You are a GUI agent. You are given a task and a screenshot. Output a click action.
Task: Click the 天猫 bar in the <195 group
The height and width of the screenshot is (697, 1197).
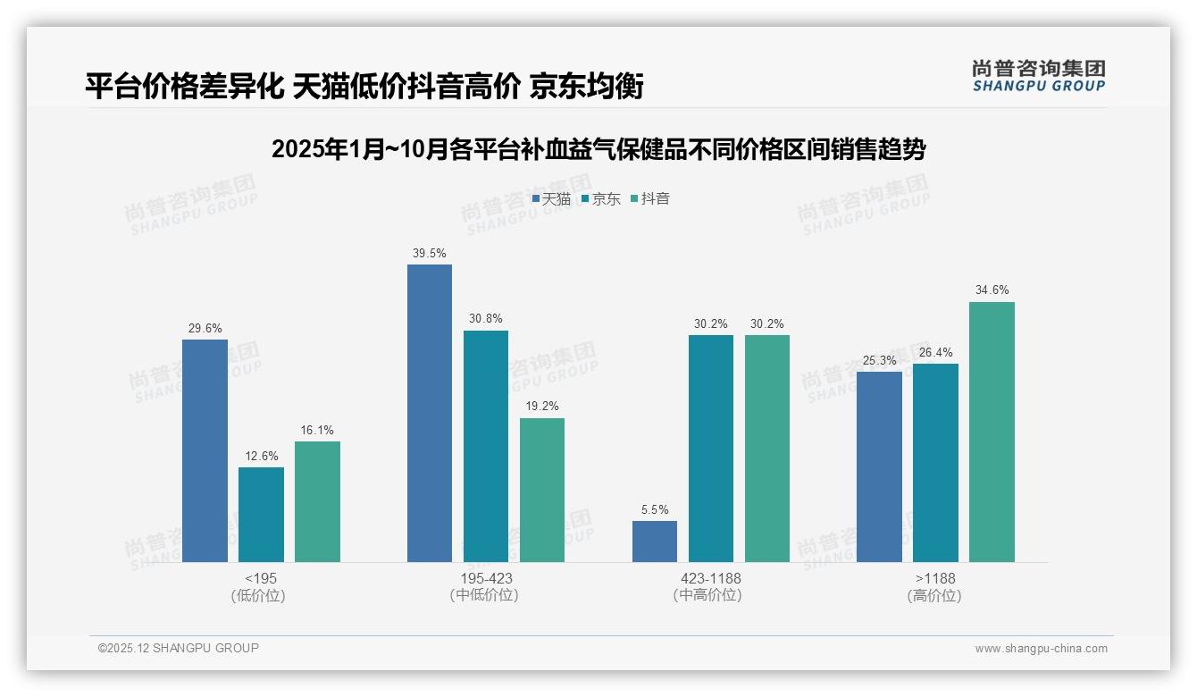(x=205, y=450)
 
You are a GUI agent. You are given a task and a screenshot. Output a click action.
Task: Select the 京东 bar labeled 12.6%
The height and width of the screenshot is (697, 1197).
(x=261, y=515)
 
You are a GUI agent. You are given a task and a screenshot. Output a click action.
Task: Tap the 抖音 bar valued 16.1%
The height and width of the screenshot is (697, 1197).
(x=317, y=501)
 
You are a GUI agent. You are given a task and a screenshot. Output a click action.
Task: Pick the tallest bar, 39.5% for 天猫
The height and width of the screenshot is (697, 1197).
(x=430, y=413)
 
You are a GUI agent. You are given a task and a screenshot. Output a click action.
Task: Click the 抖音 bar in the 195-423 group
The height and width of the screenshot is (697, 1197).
(x=542, y=490)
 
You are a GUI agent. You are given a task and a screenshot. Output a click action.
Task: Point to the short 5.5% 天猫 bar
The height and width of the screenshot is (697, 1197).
(x=655, y=542)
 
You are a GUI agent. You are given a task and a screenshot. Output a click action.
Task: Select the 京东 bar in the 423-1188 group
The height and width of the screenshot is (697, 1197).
(x=711, y=449)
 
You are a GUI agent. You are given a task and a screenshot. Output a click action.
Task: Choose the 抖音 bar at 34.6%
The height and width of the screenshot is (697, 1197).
(x=992, y=432)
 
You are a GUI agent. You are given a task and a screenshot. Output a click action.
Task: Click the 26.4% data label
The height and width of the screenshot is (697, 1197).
(x=935, y=353)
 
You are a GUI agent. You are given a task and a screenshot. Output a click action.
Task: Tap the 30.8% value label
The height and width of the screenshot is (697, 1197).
(x=486, y=319)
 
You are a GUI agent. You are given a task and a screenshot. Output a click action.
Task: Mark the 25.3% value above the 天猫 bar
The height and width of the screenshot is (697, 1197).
(x=879, y=360)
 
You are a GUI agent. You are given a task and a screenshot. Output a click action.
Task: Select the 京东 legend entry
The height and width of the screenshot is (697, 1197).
(x=601, y=199)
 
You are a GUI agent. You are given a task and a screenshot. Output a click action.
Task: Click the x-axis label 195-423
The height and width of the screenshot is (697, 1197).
(x=486, y=578)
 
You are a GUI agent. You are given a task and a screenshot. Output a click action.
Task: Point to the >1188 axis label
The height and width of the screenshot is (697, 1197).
(x=935, y=578)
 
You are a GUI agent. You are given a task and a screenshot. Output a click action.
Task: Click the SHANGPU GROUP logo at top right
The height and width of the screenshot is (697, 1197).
(x=1038, y=76)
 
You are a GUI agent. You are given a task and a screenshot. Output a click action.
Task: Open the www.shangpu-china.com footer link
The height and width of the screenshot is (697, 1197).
(x=1041, y=649)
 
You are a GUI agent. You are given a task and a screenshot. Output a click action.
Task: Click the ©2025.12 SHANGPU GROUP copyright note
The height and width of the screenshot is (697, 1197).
(x=179, y=649)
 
